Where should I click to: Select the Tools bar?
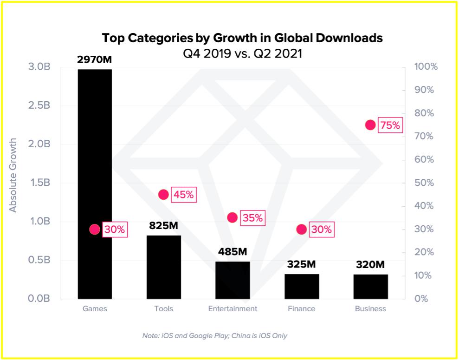point(163,267)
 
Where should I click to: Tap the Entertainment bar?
point(233,280)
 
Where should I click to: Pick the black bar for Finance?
point(302,287)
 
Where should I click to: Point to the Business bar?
point(370,287)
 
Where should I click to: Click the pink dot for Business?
point(370,124)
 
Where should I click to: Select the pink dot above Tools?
point(163,195)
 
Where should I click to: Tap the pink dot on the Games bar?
point(95,229)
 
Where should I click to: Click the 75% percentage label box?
point(390,125)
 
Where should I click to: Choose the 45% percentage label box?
point(183,195)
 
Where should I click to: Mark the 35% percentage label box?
point(252,218)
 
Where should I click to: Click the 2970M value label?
point(95,60)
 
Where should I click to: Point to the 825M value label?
point(163,226)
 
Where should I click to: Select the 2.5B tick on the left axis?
point(39,105)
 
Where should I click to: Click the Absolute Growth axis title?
point(13,175)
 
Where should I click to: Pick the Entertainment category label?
point(233,309)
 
